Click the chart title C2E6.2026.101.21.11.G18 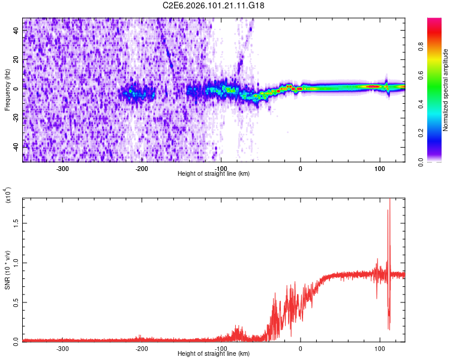click(214, 5)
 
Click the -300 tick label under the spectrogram click(63, 169)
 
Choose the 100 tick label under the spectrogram click(379, 169)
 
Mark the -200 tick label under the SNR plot click(142, 349)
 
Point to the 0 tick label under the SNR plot click(301, 349)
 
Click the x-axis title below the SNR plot click(214, 354)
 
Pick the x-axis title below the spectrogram click(214, 174)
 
